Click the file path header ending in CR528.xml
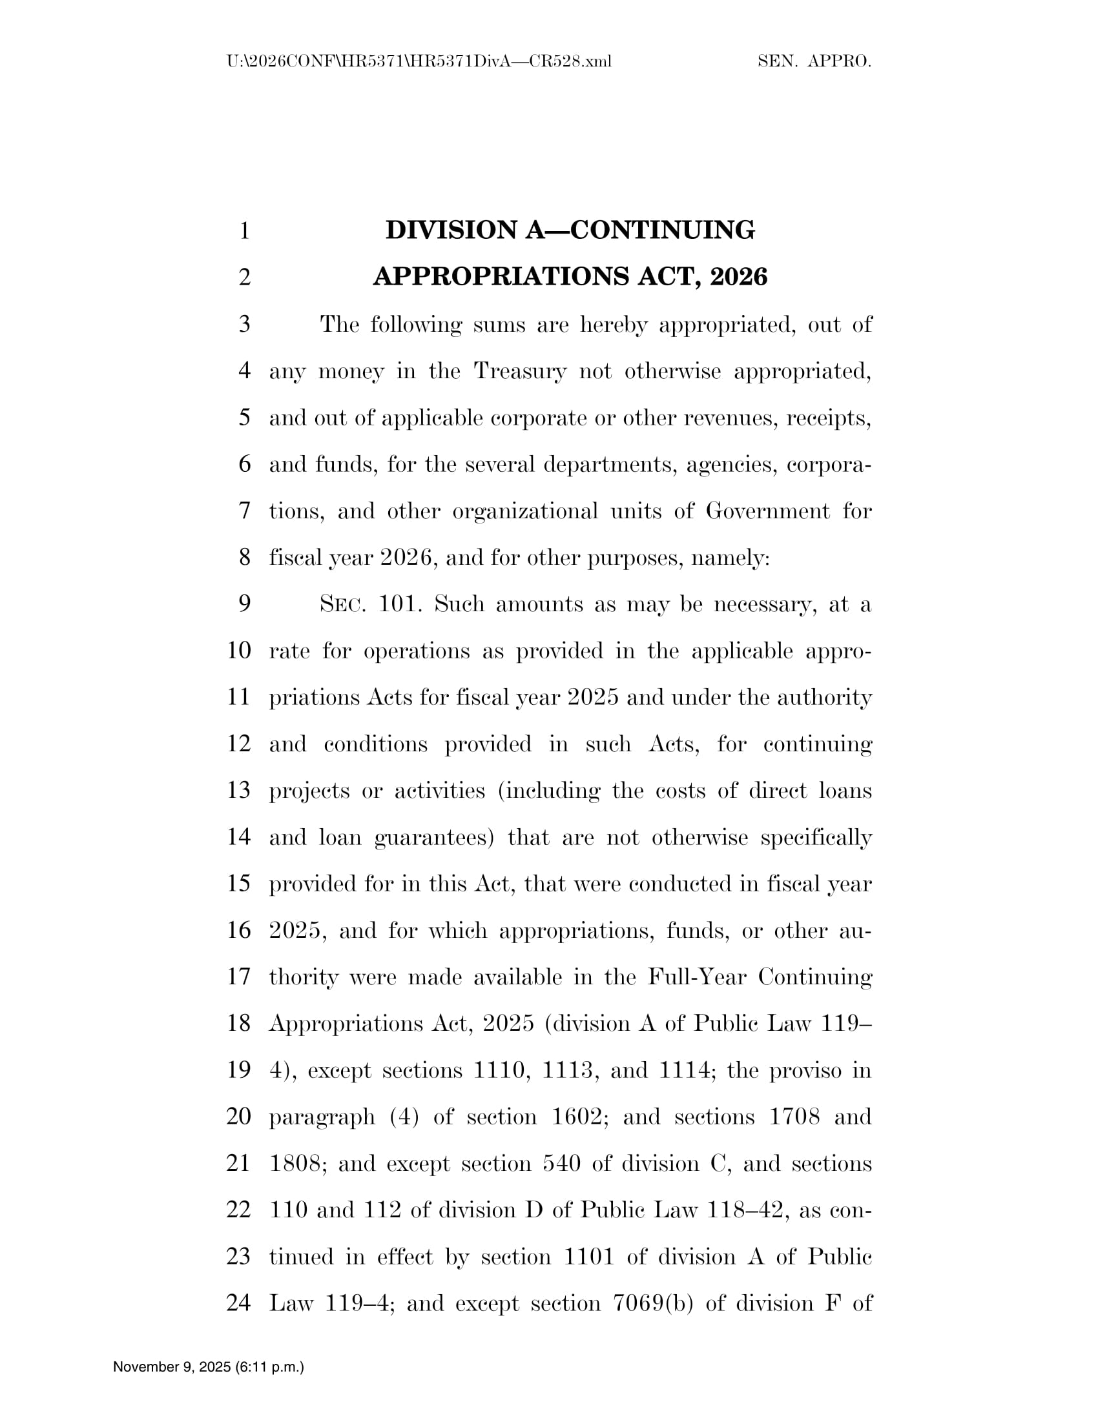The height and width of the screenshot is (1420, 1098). click(419, 61)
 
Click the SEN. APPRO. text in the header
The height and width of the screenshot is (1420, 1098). click(814, 61)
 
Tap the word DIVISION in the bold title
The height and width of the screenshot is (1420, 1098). click(453, 230)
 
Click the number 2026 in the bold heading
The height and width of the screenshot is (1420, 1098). click(739, 276)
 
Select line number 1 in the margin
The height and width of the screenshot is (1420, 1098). click(245, 231)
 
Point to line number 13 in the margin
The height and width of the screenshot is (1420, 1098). click(239, 790)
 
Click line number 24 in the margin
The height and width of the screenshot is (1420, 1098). click(239, 1303)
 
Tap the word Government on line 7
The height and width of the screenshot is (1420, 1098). click(767, 511)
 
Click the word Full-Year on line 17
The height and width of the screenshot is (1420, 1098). click(697, 977)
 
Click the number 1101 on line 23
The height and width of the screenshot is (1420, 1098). click(588, 1256)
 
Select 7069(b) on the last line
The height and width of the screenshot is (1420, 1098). click(653, 1303)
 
